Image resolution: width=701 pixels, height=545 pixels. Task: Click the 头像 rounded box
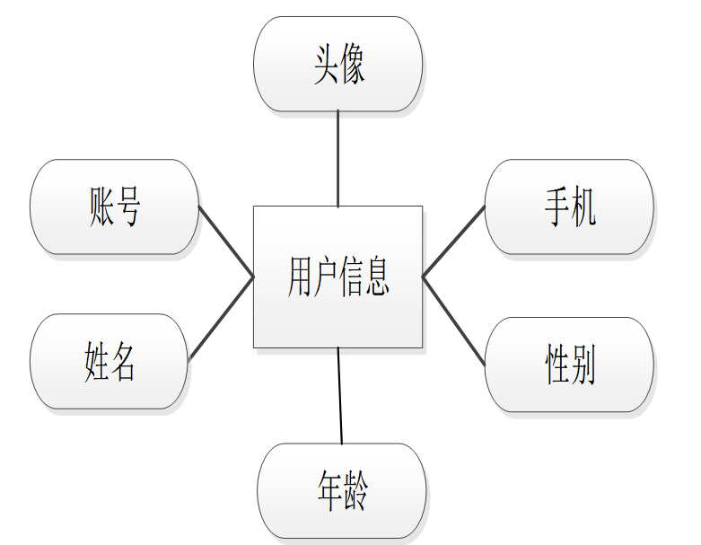tap(337, 64)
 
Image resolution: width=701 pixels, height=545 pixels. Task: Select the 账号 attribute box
tap(114, 207)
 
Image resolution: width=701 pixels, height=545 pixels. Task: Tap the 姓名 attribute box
tap(110, 362)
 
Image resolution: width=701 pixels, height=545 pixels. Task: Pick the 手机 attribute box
tap(568, 207)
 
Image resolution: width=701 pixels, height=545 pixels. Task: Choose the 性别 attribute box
tap(568, 365)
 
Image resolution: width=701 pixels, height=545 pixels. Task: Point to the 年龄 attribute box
tap(341, 490)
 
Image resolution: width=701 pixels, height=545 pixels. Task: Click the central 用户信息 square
tap(337, 277)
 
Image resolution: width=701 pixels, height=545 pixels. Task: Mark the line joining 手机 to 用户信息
tap(453, 241)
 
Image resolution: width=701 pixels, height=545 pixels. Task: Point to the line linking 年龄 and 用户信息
tap(340, 395)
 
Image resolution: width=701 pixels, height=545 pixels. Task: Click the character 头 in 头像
tap(325, 66)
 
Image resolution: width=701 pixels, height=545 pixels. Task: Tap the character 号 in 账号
tap(128, 207)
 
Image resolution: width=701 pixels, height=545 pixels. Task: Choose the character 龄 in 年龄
tap(355, 491)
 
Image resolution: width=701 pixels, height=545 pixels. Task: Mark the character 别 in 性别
tap(583, 365)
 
